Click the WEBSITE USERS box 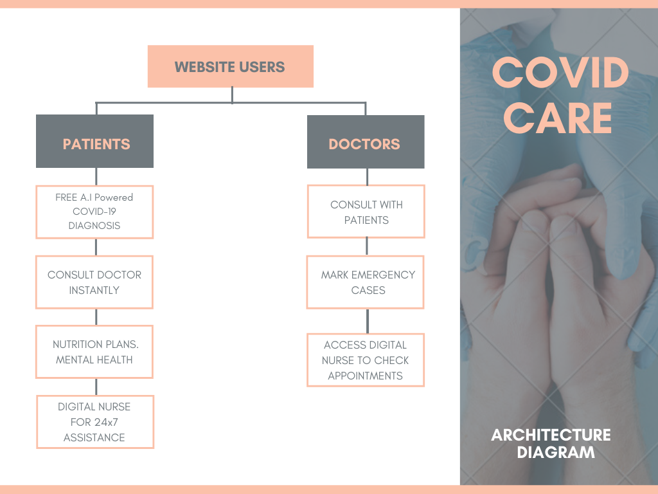(230, 66)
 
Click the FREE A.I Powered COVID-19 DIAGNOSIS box (94, 212)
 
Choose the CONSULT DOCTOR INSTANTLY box (94, 282)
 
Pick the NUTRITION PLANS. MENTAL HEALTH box (94, 352)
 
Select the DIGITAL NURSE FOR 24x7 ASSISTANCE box (94, 422)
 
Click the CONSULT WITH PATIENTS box (366, 212)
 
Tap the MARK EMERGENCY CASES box (366, 282)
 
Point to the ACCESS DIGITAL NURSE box (366, 360)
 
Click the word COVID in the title (560, 73)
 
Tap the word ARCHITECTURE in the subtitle (551, 435)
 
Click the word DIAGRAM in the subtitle (556, 452)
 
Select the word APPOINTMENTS (366, 376)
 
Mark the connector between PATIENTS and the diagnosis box (96, 177)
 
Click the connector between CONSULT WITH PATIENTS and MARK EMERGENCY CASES (367, 246)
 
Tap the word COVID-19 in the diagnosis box (94, 211)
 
